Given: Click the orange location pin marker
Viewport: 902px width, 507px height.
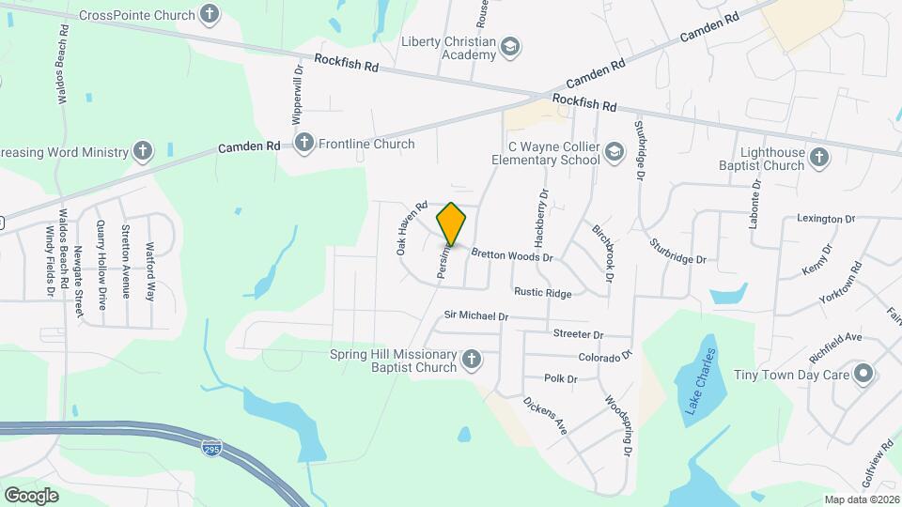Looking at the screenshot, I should tap(452, 223).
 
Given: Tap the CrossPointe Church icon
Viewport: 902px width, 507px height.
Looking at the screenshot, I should tap(210, 14).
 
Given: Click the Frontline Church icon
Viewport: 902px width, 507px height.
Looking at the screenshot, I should tap(303, 143).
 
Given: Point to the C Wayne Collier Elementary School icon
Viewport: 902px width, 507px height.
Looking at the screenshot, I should tap(614, 153).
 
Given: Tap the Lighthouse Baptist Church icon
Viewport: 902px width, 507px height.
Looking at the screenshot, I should tap(818, 158).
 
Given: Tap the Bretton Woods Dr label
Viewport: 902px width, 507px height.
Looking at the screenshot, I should tap(511, 255).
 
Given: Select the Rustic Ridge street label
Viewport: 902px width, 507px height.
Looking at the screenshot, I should tap(542, 294).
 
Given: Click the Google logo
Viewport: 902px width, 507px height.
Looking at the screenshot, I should tap(31, 495).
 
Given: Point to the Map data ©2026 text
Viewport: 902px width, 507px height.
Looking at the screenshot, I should tap(861, 499).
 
